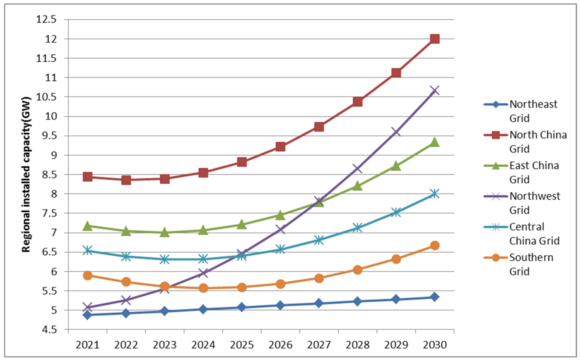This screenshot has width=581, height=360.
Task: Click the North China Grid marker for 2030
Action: pyautogui.click(x=434, y=39)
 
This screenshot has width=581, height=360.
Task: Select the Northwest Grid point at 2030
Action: pyautogui.click(x=434, y=90)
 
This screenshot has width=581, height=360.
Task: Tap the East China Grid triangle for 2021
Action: pyautogui.click(x=87, y=226)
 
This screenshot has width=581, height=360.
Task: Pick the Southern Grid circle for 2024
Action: pyautogui.click(x=203, y=288)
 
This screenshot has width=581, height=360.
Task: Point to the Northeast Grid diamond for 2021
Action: pyautogui.click(x=87, y=315)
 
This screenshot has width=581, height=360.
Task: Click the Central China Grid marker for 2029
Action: pyautogui.click(x=396, y=212)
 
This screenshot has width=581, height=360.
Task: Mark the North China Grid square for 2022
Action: pyautogui.click(x=126, y=180)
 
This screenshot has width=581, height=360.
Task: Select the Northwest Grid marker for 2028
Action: pyautogui.click(x=357, y=168)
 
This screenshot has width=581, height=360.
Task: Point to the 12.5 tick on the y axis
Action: pyautogui.click(x=46, y=19)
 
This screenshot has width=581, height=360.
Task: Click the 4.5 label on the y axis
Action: pyautogui.click(x=49, y=329)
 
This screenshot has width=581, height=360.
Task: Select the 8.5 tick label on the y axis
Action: pyautogui.click(x=49, y=175)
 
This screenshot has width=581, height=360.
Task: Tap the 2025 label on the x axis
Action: pyautogui.click(x=242, y=345)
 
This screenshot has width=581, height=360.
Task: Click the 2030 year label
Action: pyautogui.click(x=434, y=345)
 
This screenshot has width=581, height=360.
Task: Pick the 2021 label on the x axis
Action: pyautogui.click(x=87, y=345)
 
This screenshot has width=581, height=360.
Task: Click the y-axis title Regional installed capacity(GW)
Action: pyautogui.click(x=26, y=175)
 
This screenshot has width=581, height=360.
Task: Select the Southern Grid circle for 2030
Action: pyautogui.click(x=434, y=245)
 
